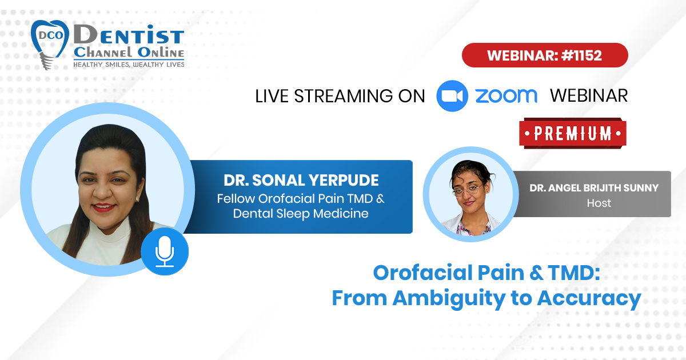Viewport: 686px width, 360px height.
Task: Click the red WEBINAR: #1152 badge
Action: coord(545,55)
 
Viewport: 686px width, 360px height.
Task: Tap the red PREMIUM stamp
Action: coord(573,134)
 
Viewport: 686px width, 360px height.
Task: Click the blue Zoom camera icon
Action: coord(452,96)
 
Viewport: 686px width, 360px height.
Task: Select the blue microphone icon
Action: coord(165,251)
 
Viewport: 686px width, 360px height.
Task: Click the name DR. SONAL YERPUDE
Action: coord(301,180)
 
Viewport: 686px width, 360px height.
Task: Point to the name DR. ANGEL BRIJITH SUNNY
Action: coord(594,187)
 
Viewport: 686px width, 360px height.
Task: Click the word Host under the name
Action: coord(599,203)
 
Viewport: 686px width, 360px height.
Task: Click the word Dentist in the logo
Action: coord(129,35)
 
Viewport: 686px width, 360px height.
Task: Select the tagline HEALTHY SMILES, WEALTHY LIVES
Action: coord(129,64)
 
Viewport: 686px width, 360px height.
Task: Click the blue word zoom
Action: coord(506,96)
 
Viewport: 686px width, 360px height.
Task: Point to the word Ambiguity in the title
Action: coord(449,298)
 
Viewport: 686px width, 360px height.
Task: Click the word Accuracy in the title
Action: coord(589,298)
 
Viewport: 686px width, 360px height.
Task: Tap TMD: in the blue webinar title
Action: coord(573,273)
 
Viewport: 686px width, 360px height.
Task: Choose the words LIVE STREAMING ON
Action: coord(340,96)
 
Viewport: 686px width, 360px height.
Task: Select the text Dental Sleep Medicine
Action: coord(301,213)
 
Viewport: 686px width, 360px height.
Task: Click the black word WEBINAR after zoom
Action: coord(589,96)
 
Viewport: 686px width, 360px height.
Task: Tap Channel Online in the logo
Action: coord(129,53)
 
